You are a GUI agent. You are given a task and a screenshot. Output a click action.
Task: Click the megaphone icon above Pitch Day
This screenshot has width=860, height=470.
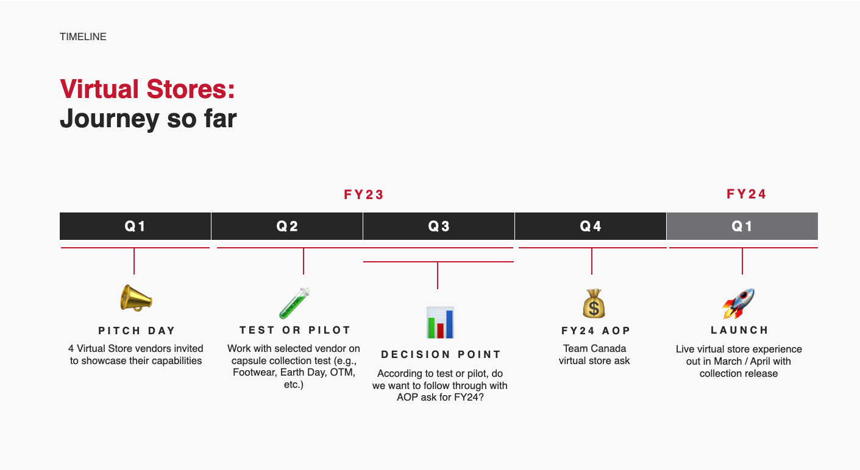[136, 298]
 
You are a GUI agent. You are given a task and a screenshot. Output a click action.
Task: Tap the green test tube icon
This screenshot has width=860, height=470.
[294, 303]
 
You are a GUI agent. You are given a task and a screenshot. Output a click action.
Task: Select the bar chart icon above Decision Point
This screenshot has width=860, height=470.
[440, 323]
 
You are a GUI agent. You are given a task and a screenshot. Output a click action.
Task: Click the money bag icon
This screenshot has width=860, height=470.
[594, 304]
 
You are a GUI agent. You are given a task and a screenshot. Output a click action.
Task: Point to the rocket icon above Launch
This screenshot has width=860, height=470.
[738, 304]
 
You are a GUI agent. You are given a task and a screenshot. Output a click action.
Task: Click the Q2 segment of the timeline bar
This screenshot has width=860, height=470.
[287, 226]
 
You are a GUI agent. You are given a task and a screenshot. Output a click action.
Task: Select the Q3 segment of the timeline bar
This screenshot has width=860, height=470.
[438, 226]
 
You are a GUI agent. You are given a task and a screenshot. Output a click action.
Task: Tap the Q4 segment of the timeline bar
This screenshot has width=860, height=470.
[591, 226]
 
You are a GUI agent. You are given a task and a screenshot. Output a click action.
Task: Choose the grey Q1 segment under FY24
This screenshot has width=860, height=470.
[742, 226]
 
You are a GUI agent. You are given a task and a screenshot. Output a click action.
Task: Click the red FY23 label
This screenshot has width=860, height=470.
[364, 195]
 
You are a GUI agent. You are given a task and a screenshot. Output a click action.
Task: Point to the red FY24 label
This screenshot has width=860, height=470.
[747, 194]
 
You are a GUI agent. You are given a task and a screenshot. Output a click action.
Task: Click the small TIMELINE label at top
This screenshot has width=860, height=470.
[83, 37]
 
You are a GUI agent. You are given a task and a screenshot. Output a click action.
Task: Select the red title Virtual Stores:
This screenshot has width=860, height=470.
[147, 89]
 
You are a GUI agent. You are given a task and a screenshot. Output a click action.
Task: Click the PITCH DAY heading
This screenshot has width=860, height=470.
[137, 331]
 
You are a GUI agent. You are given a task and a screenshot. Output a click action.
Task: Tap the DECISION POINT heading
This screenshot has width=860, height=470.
[441, 354]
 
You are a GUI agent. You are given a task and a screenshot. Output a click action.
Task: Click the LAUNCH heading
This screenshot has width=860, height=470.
[739, 330]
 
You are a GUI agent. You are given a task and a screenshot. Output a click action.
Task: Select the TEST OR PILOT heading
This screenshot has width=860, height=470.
[295, 330]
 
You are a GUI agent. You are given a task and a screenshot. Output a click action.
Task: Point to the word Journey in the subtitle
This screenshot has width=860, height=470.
[110, 119]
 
